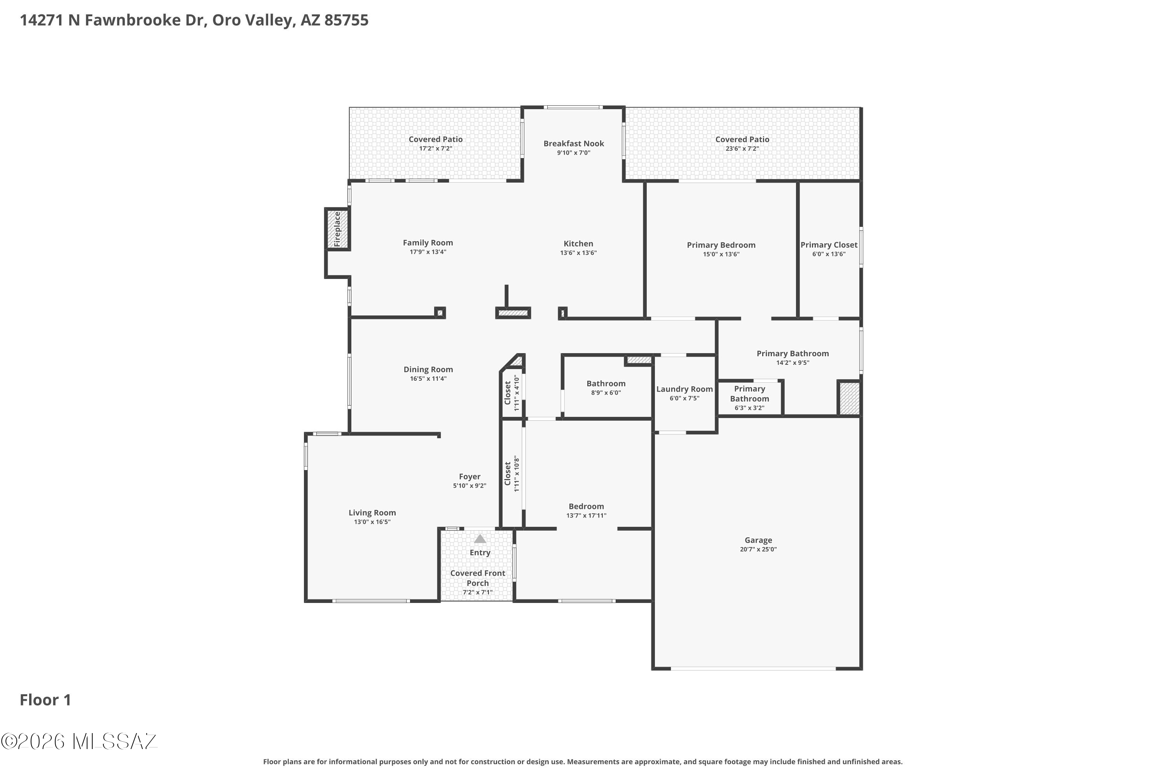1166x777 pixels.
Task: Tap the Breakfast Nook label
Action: (574, 144)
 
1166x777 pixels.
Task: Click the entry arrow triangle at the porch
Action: (480, 538)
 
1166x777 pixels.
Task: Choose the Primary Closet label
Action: (829, 245)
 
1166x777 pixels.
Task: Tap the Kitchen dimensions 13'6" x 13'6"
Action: (579, 253)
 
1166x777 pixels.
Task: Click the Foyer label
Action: (470, 477)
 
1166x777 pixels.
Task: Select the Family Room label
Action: (428, 243)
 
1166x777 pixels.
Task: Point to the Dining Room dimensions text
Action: (428, 378)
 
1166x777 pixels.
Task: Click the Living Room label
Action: (372, 513)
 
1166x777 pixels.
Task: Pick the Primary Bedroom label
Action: (721, 245)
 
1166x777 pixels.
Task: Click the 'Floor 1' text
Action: (45, 700)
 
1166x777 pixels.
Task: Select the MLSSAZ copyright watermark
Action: (79, 741)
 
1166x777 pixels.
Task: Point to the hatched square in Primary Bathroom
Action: (849, 398)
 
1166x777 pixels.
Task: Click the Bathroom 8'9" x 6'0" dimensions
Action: (606, 392)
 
